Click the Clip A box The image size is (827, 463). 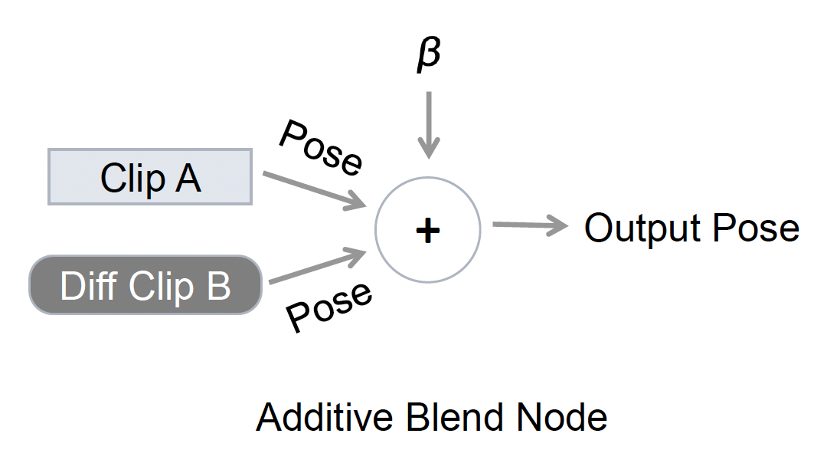pyautogui.click(x=150, y=177)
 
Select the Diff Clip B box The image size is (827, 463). pyautogui.click(x=145, y=285)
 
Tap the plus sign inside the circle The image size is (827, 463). pyautogui.click(x=427, y=229)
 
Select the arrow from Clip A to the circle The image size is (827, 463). pyautogui.click(x=314, y=190)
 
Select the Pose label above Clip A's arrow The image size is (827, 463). pyautogui.click(x=321, y=146)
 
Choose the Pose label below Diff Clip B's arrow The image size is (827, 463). pyautogui.click(x=329, y=306)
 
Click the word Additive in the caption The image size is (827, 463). pyautogui.click(x=320, y=419)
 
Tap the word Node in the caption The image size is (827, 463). pyautogui.click(x=562, y=419)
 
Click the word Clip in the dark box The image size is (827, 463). pyautogui.click(x=162, y=286)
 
